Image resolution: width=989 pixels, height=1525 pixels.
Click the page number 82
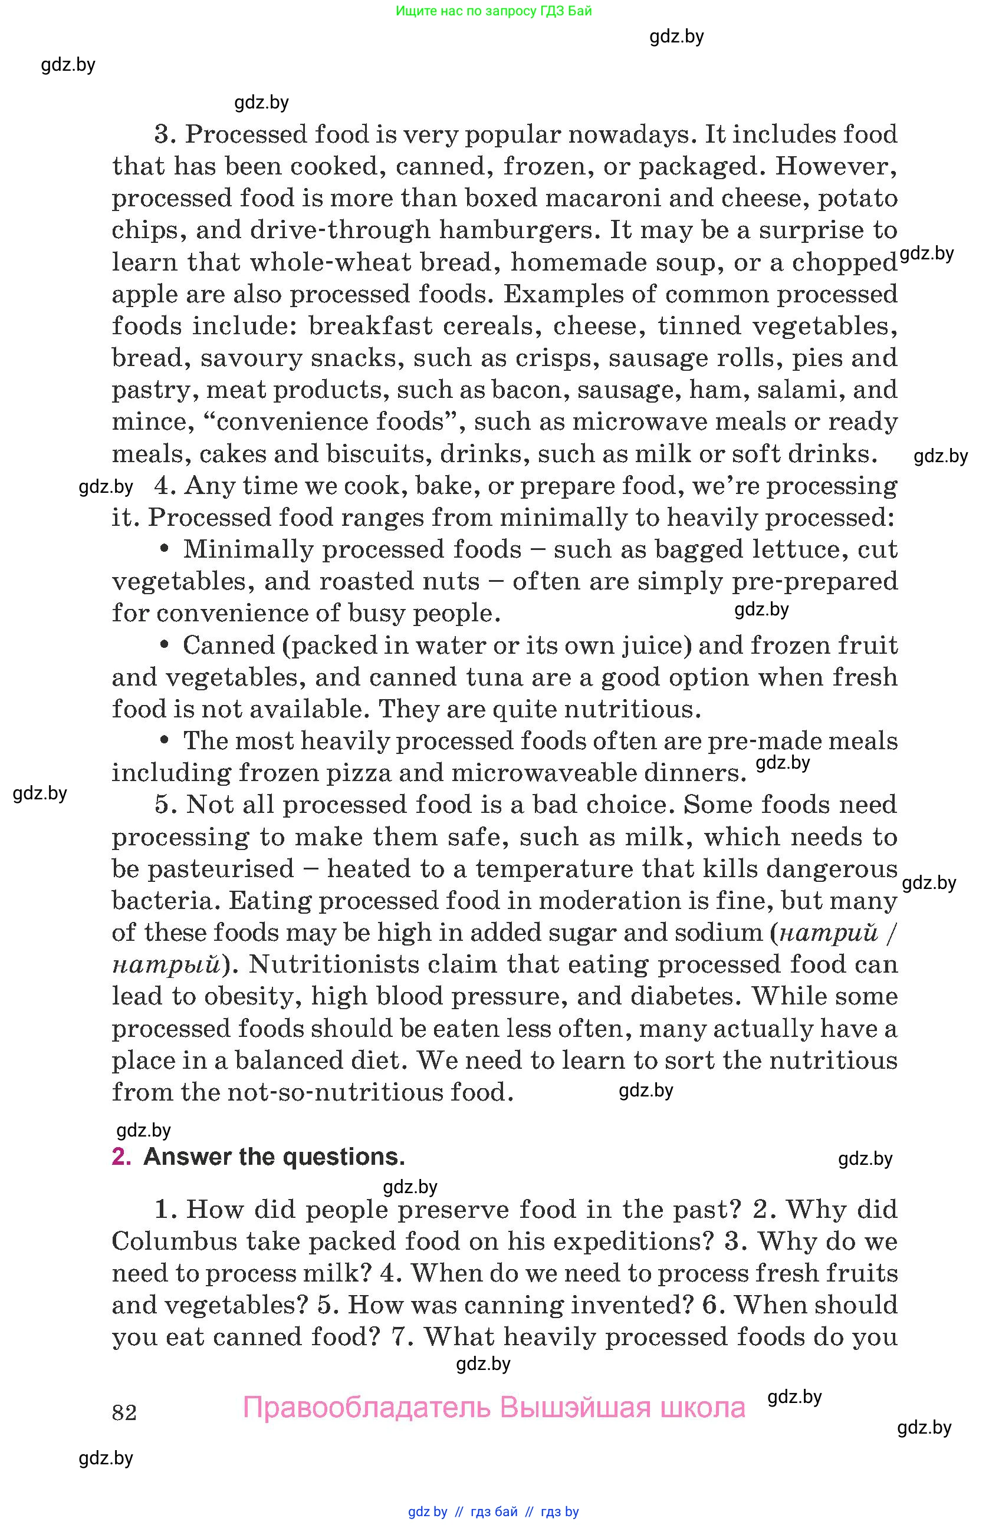124,1412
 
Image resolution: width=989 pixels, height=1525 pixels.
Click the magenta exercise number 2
121,1157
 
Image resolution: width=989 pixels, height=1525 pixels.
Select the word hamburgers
519,230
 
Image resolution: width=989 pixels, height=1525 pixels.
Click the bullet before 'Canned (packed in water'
165,644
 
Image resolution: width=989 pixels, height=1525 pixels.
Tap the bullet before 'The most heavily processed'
165,740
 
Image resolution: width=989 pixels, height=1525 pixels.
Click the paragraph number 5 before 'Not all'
164,805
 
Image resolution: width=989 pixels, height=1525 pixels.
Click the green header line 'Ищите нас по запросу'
494,11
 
